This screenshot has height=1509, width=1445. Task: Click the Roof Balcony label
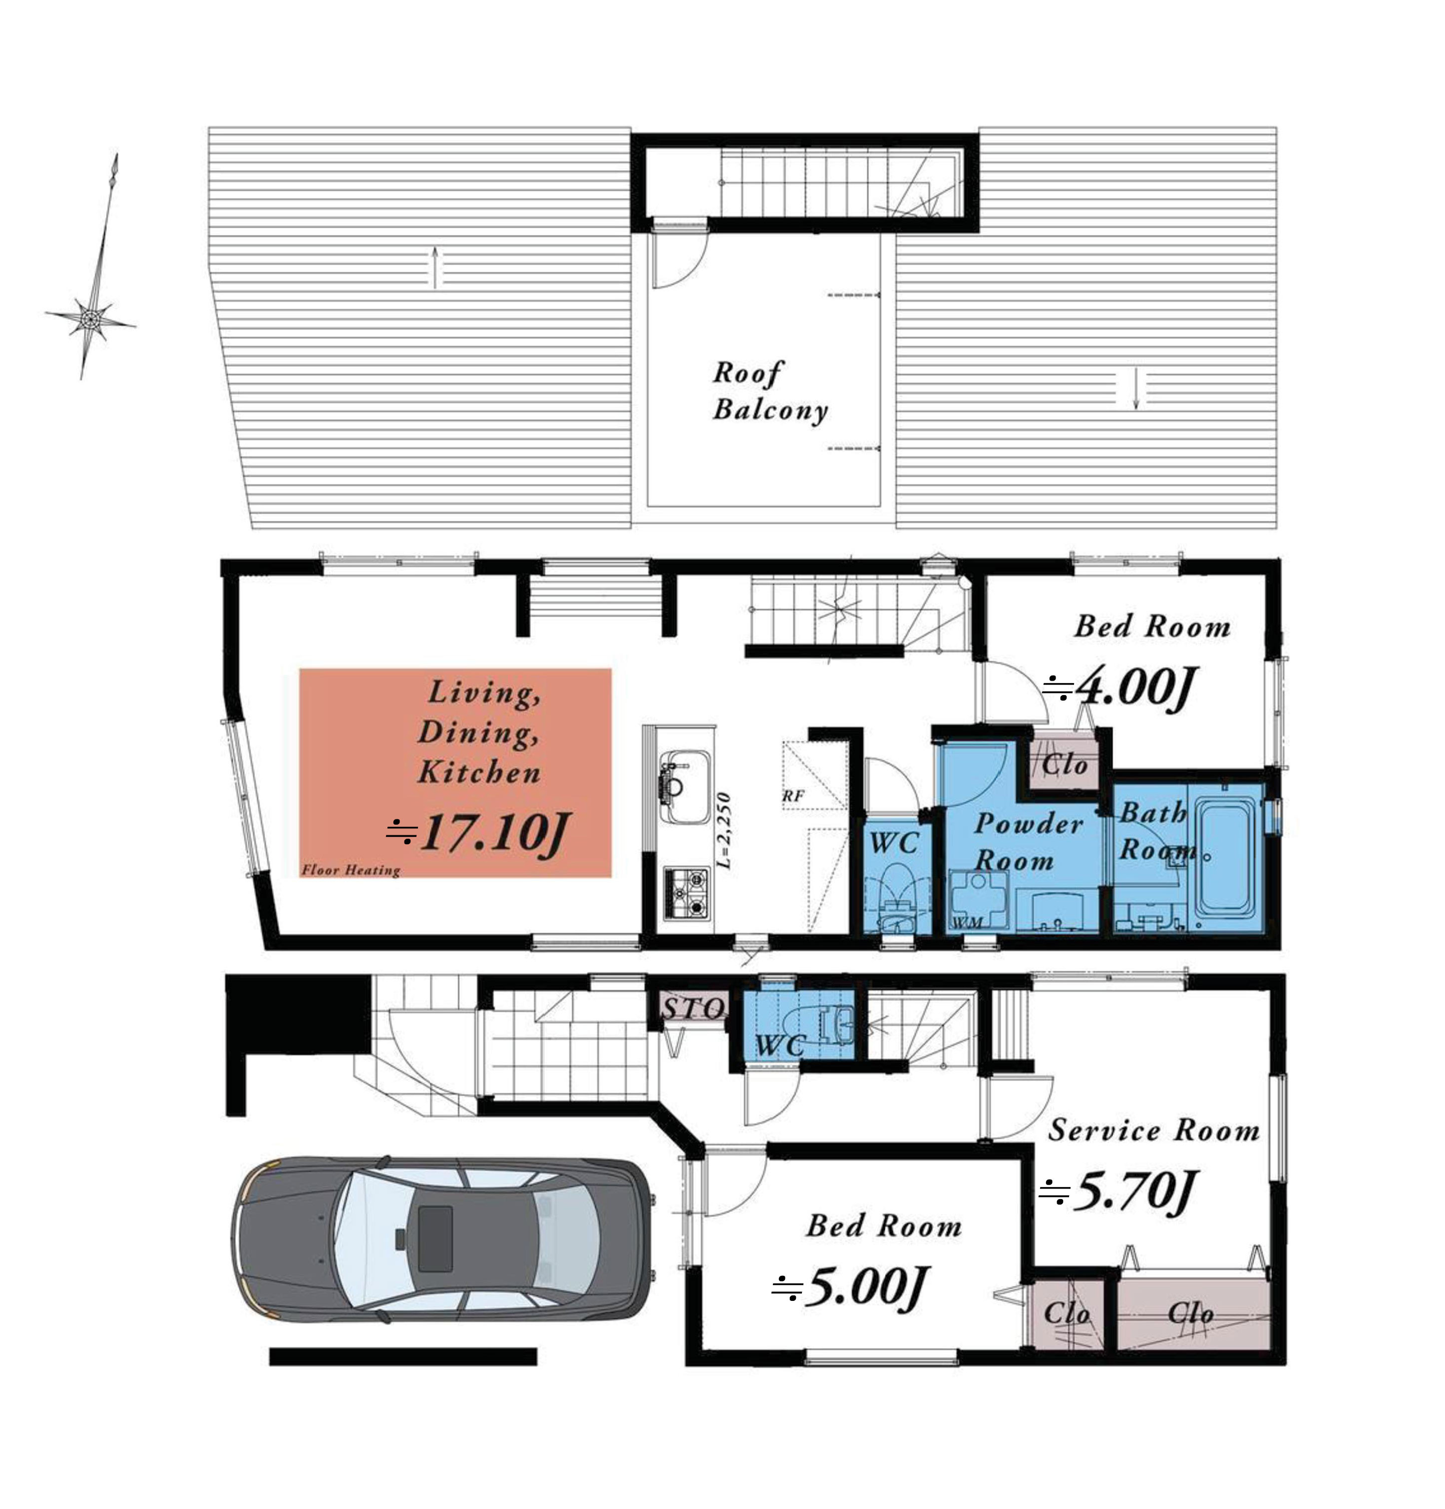pyautogui.click(x=769, y=391)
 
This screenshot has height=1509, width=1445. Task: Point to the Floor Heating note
pyautogui.click(x=351, y=870)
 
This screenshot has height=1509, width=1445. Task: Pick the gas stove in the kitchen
pyautogui.click(x=686, y=892)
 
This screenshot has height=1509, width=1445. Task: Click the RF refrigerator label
pyautogui.click(x=792, y=796)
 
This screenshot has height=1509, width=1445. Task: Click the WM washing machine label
pyautogui.click(x=967, y=922)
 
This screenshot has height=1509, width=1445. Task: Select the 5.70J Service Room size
pyautogui.click(x=1117, y=1191)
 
